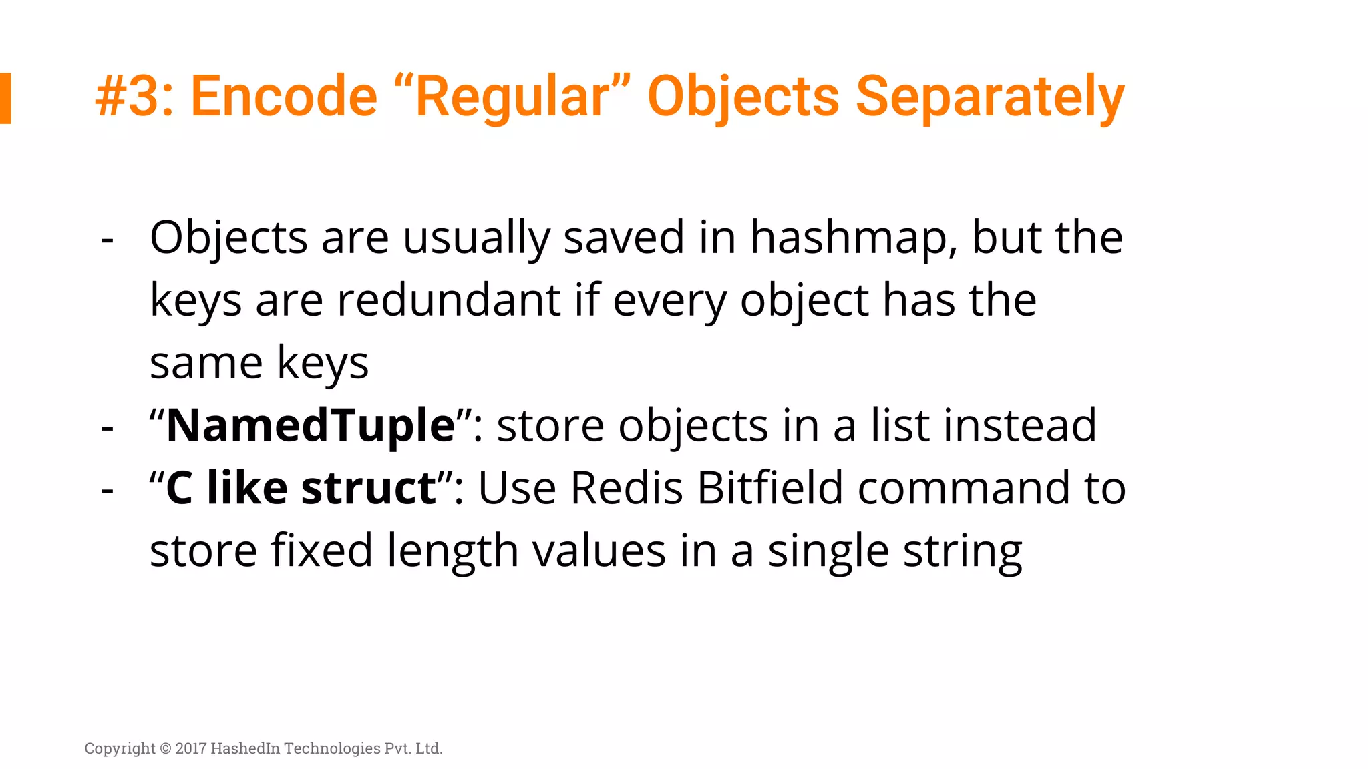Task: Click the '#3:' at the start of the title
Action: pos(134,97)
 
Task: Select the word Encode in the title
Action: pos(284,97)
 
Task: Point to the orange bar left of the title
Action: pos(5,98)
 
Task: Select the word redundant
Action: pos(448,300)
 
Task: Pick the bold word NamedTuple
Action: pos(311,426)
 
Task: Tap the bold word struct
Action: pos(369,488)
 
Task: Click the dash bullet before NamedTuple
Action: pos(107,428)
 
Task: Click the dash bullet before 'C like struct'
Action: pos(107,491)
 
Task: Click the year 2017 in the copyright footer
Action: pos(191,748)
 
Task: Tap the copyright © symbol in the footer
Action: pos(165,748)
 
